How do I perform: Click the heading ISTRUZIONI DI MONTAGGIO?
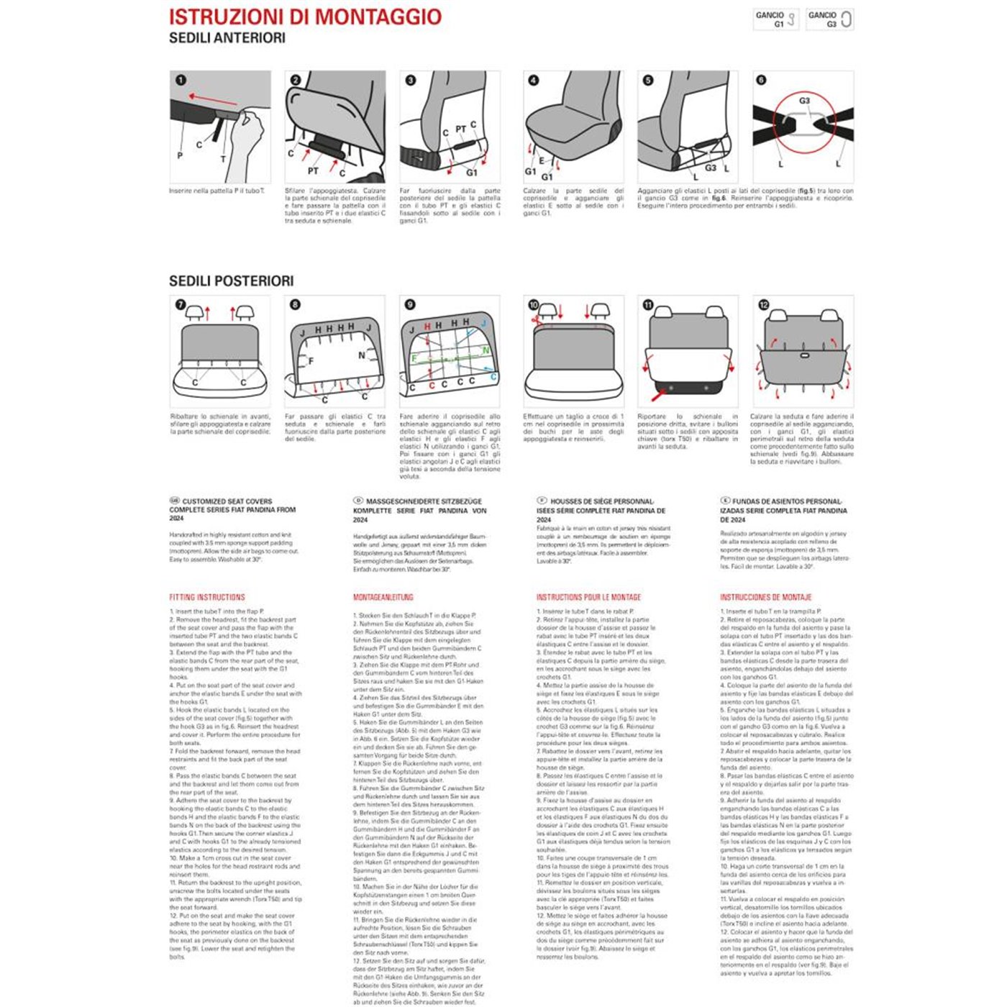(305, 17)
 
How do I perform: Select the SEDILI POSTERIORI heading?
(231, 281)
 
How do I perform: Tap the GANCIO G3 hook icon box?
(829, 19)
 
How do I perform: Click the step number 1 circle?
(181, 81)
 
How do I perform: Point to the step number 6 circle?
(762, 81)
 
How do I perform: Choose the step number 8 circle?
(295, 305)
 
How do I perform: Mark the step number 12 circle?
(763, 305)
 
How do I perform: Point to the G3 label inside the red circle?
(804, 101)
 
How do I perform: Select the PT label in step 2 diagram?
(313, 171)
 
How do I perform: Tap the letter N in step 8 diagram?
(361, 355)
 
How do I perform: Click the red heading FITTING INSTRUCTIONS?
(207, 597)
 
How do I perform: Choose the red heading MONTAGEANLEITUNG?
(383, 597)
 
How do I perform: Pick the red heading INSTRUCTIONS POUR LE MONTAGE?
(588, 597)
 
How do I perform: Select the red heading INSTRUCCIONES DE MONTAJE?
(765, 597)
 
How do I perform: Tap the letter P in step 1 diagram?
(180, 155)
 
